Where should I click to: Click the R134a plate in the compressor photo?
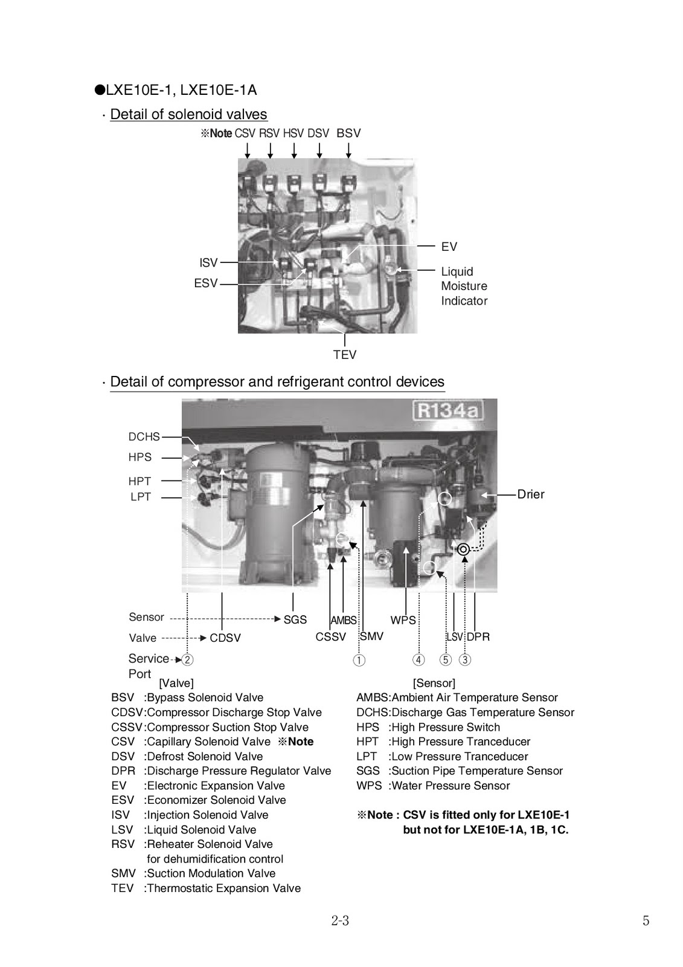448,412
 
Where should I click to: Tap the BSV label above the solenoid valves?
348,134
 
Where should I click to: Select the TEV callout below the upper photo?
345,355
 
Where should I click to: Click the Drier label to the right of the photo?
531,494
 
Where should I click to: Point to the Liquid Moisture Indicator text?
464,286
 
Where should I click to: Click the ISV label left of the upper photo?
208,263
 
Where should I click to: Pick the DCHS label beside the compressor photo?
144,437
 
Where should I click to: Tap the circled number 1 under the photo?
359,660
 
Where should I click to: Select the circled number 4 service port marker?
418,660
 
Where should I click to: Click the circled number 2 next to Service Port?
188,660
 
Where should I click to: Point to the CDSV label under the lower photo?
225,638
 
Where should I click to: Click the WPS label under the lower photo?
403,620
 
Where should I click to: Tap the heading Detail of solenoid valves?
188,114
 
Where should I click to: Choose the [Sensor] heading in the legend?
434,683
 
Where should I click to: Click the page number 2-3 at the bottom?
340,921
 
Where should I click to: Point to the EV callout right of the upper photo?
449,247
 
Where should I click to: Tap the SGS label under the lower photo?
295,620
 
